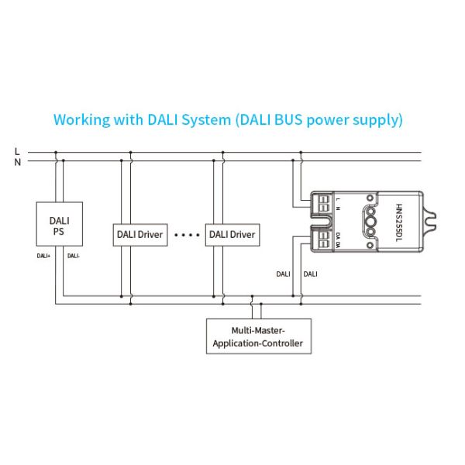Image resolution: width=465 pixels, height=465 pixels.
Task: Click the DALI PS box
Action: point(58,226)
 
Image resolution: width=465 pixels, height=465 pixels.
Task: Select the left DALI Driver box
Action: point(140,234)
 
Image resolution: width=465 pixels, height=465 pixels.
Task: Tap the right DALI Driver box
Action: point(231,234)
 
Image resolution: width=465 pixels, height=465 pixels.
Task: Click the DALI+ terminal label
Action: point(43,255)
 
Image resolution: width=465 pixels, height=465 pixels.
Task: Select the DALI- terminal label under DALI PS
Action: point(74,255)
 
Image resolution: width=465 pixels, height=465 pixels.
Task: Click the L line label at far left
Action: point(17,151)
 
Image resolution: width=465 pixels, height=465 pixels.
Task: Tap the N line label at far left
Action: point(17,162)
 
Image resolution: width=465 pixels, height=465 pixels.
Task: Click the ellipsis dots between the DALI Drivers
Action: point(186,234)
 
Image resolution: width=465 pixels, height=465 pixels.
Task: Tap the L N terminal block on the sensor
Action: point(325,205)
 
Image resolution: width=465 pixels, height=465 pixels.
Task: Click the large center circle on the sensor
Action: point(370,222)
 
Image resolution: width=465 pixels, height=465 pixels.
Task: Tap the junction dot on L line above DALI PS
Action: point(54,152)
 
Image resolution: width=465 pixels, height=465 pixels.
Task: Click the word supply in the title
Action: point(381,121)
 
